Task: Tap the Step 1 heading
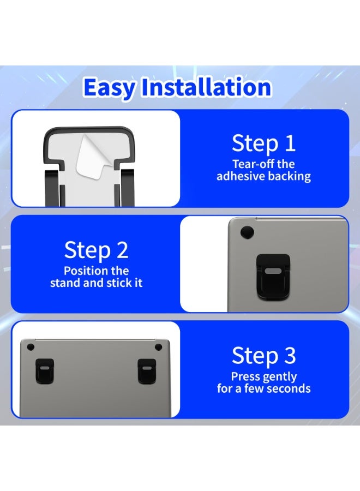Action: click(264, 143)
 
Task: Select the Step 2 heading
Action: click(97, 250)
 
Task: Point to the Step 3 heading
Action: click(264, 355)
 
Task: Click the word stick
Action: click(118, 283)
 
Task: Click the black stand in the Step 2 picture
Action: click(273, 276)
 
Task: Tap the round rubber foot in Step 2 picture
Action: click(247, 232)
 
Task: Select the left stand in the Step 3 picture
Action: click(44, 371)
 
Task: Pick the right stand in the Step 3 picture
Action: click(147, 372)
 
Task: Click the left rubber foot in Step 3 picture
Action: click(31, 348)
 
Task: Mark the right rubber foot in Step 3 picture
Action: click(158, 348)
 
